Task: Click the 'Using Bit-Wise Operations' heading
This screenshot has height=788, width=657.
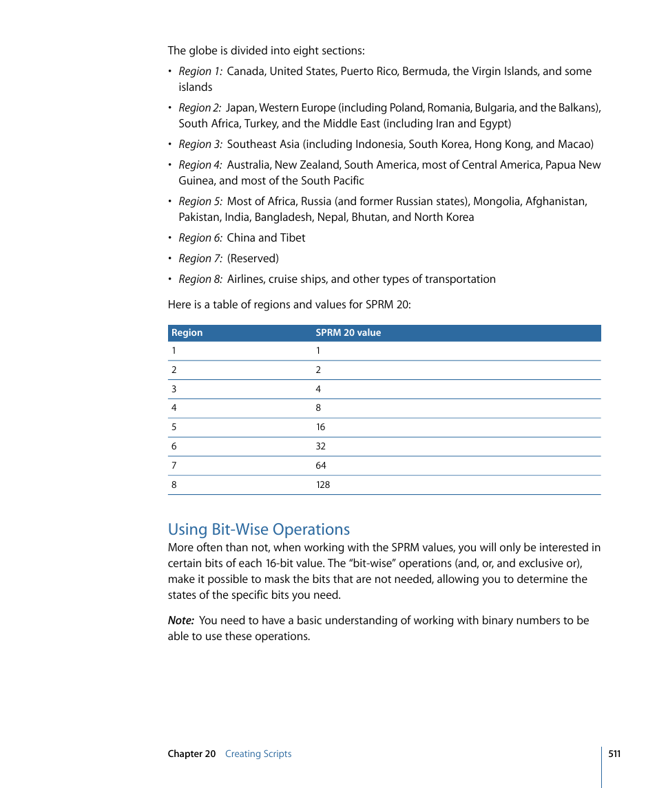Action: point(258,529)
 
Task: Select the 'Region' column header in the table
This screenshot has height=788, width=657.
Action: point(187,333)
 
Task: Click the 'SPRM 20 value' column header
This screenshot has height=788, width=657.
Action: point(348,333)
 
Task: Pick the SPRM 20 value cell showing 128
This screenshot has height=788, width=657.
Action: point(323,485)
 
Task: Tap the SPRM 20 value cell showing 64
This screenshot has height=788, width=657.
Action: point(321,466)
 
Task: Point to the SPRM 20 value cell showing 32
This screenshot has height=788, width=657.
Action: point(321,447)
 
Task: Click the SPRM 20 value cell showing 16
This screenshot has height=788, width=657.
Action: point(320,427)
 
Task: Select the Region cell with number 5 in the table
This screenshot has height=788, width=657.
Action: point(174,427)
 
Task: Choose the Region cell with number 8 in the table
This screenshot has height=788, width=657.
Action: point(174,485)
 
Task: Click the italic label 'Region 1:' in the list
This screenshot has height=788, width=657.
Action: point(200,72)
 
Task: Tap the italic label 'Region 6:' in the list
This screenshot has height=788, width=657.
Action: point(200,238)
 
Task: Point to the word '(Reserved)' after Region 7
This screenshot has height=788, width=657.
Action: point(253,259)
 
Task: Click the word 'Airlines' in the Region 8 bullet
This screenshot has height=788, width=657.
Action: point(246,279)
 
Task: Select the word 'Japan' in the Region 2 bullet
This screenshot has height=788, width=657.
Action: point(240,108)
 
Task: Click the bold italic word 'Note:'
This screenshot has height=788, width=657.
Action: point(181,621)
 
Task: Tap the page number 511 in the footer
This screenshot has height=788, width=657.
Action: point(614,754)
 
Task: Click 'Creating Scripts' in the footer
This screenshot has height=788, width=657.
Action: point(258,754)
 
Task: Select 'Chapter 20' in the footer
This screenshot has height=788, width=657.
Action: point(191,754)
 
